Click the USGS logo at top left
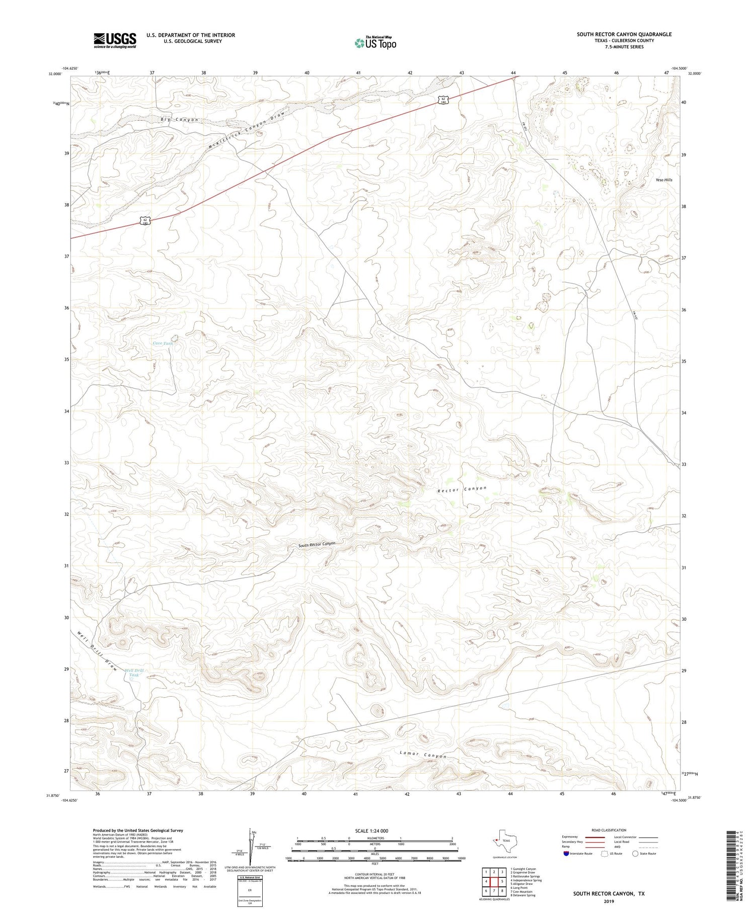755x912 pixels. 115,40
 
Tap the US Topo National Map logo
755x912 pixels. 374,43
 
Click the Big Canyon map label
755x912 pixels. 179,120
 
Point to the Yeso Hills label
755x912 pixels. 664,180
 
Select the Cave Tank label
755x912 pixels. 163,343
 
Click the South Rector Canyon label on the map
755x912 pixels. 316,545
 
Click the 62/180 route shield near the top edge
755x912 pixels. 442,100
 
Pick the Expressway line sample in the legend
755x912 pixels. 594,837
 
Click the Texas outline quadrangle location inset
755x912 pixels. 503,841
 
